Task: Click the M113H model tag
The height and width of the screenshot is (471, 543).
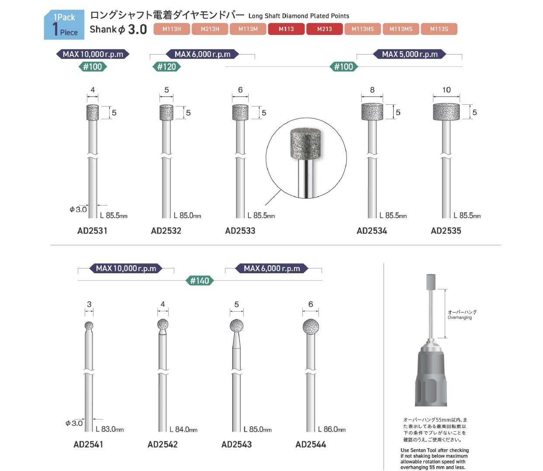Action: [x=171, y=29]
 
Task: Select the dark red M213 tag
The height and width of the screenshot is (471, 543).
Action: [x=324, y=29]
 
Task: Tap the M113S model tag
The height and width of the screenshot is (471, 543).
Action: [x=439, y=29]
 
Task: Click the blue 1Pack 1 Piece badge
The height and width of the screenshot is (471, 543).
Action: [x=64, y=25]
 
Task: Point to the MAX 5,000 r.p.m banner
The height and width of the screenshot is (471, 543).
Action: [x=409, y=55]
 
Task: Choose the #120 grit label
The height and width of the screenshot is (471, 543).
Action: [x=166, y=66]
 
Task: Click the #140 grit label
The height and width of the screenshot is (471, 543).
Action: [x=199, y=281]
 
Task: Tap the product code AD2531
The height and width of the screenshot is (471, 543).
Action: [x=92, y=231]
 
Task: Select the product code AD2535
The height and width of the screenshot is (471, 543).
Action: [x=446, y=231]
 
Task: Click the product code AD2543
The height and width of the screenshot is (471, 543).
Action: [x=236, y=444]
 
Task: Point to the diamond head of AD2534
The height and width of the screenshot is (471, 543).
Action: [x=372, y=112]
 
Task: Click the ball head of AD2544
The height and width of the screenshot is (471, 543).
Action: [x=311, y=327]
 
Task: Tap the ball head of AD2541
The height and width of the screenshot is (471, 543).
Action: [x=89, y=325]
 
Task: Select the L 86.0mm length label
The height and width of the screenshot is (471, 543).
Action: [x=332, y=429]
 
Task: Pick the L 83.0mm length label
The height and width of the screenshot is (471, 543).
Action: [x=110, y=429]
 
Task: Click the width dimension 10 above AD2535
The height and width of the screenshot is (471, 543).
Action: [x=446, y=90]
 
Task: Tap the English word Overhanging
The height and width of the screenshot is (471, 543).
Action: [x=460, y=317]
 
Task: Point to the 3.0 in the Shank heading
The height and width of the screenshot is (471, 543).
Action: [x=138, y=29]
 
